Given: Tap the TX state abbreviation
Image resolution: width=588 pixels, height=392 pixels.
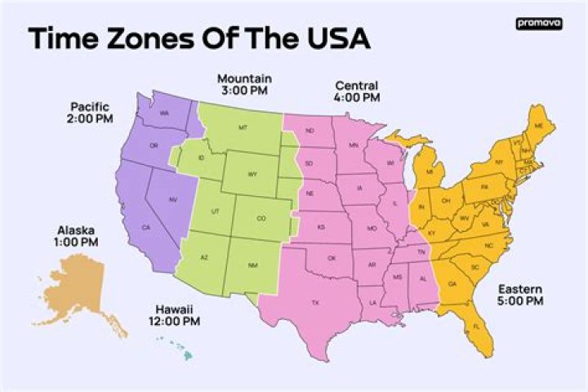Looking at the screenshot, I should tap(315, 302).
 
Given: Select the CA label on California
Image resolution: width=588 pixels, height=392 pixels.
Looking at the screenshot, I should tap(146, 227).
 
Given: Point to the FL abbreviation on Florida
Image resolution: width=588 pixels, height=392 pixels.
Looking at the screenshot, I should tap(477, 327).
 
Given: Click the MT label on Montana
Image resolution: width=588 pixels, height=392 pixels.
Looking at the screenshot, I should tap(243, 128).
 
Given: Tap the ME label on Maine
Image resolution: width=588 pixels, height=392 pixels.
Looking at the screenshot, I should tap(537, 125).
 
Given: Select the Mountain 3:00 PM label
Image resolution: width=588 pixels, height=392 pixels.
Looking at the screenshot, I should tap(244, 84).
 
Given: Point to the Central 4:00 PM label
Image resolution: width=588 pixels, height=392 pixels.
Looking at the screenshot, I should tap(358, 91).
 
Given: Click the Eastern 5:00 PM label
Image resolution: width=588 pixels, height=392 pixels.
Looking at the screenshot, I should tap(520, 295).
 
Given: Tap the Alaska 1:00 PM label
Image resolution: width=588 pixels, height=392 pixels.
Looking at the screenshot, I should tap(78, 236).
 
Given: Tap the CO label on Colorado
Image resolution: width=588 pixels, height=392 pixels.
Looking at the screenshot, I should tap(261, 218).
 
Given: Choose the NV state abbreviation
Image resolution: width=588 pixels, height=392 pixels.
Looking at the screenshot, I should tap(173, 199).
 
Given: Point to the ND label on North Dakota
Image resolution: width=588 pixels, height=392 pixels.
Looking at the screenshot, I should tap(310, 131).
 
